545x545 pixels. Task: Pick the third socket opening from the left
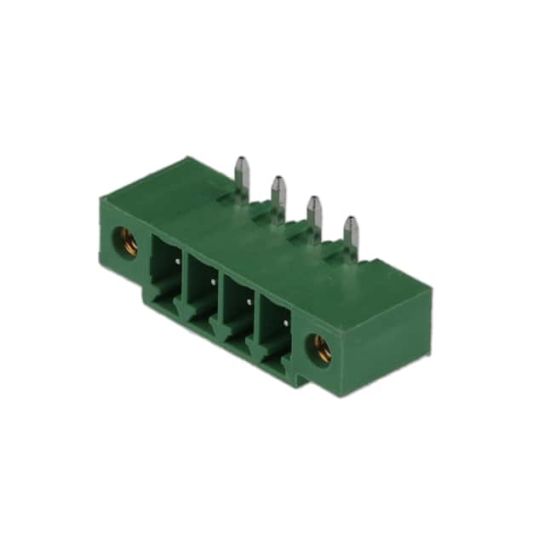pos(239,307)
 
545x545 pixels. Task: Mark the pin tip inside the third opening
pos(250,299)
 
